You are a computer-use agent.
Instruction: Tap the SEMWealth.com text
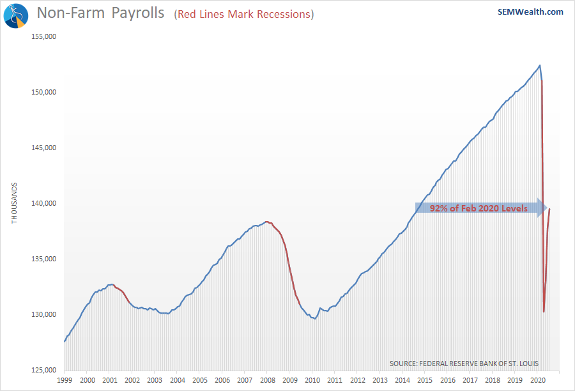click(x=530, y=11)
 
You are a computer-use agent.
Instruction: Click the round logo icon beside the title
click(x=15, y=15)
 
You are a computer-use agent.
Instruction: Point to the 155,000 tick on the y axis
click(x=45, y=36)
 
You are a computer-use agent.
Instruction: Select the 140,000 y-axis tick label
click(x=45, y=203)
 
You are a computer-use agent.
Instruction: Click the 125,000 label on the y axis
click(x=45, y=370)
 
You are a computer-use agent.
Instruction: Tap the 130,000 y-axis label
click(x=45, y=314)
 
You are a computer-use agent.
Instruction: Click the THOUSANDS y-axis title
click(x=15, y=203)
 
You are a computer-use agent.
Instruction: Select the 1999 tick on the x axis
click(x=65, y=379)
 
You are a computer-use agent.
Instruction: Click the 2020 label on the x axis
click(x=536, y=379)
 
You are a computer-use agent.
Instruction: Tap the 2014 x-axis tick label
click(x=401, y=379)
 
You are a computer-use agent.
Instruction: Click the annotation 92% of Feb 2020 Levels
click(x=479, y=208)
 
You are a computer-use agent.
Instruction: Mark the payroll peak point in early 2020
click(x=540, y=65)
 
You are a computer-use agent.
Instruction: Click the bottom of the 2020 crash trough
click(x=544, y=312)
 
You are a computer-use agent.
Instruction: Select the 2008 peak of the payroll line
click(x=266, y=222)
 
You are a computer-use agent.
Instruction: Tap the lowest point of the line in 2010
click(x=315, y=319)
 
